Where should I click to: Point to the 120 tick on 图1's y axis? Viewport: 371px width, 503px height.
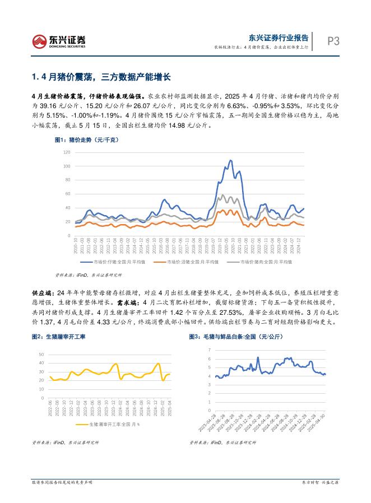tap(67, 152)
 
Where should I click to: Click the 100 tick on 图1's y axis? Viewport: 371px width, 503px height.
tap(67, 166)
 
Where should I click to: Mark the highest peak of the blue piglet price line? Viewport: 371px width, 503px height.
tap(230, 161)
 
